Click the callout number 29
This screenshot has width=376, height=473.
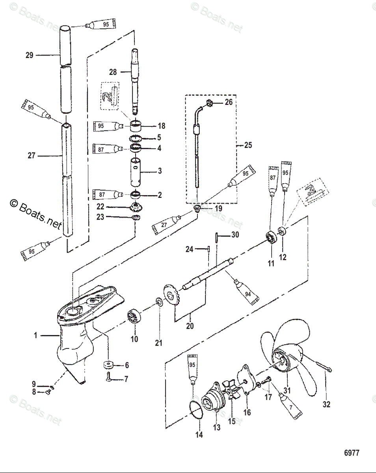click(30, 55)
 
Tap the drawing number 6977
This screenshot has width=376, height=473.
click(352, 453)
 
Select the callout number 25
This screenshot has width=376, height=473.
click(248, 145)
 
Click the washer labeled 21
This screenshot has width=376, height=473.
click(159, 302)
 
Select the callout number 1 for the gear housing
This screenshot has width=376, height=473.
click(35, 335)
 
